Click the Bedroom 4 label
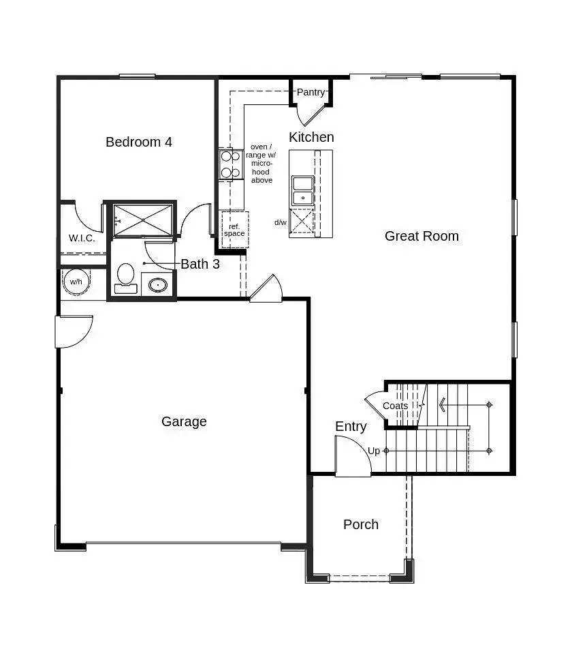139,142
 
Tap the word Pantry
311,92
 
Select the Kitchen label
311,137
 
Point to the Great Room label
422,236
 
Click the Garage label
184,421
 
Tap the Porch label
361,524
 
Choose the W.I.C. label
82,239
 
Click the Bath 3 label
200,264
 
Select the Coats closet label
395,406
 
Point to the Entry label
351,426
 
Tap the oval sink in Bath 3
158,284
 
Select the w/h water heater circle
76,282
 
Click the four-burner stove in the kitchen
230,164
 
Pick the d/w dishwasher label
281,222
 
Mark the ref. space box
235,229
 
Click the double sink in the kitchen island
302,190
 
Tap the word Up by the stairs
374,451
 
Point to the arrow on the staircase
443,406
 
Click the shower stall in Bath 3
143,220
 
